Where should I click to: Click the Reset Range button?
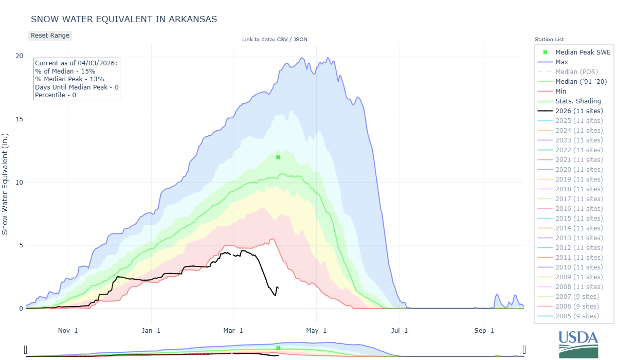[50, 35]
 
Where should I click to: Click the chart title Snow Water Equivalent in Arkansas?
[124, 19]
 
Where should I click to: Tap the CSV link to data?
[284, 40]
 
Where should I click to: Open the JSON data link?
[300, 40]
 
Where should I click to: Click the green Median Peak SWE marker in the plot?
[278, 157]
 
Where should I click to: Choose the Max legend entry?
[561, 62]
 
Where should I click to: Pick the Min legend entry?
[561, 91]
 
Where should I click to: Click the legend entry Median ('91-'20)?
[581, 81]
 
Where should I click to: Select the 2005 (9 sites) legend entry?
[577, 316]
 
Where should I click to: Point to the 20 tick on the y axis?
[20, 56]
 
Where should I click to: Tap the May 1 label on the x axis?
[317, 331]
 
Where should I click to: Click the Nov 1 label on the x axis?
[68, 331]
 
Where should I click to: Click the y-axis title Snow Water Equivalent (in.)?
[6, 182]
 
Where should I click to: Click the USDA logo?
[578, 344]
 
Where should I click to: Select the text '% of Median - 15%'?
[65, 71]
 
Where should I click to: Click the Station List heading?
[549, 40]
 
